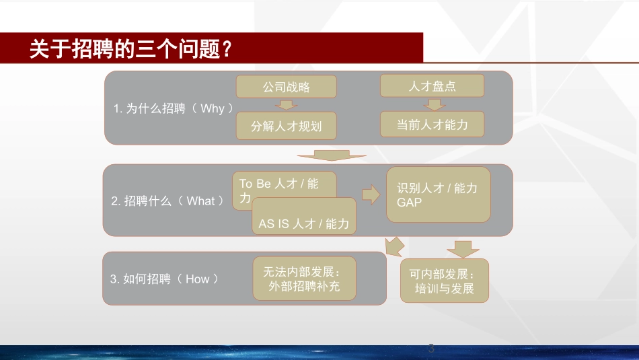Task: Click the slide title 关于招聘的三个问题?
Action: [130, 49]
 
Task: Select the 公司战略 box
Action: [286, 86]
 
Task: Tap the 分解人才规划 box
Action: [286, 126]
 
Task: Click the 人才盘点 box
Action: [432, 85]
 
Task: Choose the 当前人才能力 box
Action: [432, 124]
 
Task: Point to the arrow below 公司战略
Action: [286, 105]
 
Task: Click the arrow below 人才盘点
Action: [435, 105]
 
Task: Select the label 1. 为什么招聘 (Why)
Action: [173, 108]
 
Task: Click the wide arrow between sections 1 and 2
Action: [332, 155]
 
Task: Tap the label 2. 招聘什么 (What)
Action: [167, 201]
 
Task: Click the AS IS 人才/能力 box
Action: [304, 216]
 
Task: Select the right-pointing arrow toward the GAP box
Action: [371, 194]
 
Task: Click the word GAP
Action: [409, 203]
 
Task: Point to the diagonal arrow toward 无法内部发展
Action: [394, 246]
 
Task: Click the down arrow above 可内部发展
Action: [463, 249]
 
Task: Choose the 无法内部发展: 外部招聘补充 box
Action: [304, 279]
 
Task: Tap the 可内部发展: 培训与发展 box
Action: [444, 281]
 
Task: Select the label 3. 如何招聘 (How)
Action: [164, 279]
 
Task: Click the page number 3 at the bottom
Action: [431, 349]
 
